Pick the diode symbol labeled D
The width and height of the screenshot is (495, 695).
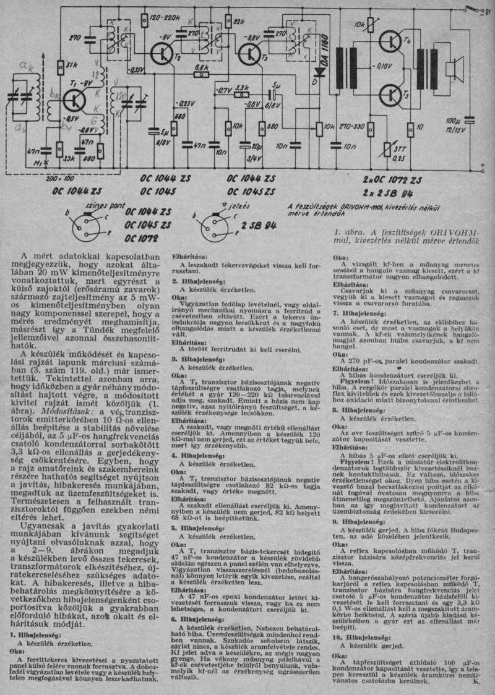point(319,70)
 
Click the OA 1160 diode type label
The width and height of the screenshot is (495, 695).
point(326,45)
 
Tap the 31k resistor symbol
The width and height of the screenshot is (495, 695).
point(60,66)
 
